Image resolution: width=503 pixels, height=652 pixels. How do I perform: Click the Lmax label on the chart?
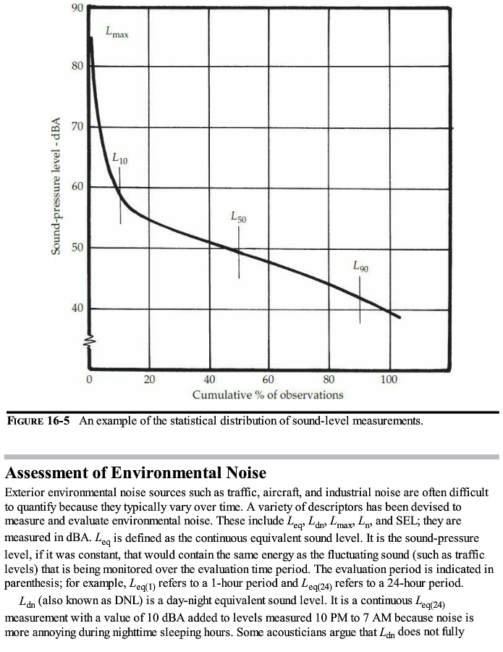pyautogui.click(x=117, y=33)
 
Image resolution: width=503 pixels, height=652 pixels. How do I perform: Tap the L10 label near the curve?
pyautogui.click(x=120, y=158)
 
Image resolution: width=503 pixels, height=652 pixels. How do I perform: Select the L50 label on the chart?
pyautogui.click(x=239, y=216)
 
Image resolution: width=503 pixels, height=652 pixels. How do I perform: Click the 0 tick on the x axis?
pyautogui.click(x=89, y=380)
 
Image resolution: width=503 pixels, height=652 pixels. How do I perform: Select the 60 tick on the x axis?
pyautogui.click(x=269, y=380)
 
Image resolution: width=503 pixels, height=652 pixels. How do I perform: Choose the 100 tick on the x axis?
pyautogui.click(x=389, y=380)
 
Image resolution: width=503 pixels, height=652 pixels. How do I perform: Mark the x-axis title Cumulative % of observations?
pyautogui.click(x=268, y=395)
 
